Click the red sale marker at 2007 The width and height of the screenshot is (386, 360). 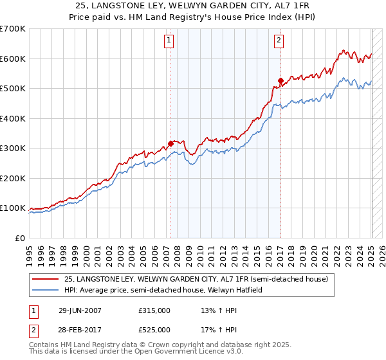tap(170, 144)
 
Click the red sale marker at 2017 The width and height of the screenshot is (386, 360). tap(280, 81)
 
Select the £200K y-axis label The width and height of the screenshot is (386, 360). tap(13, 178)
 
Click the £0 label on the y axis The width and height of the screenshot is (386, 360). tap(21, 238)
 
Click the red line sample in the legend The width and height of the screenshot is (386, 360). tap(46, 279)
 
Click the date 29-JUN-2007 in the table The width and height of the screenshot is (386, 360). tap(78, 310)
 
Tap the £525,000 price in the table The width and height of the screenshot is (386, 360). tap(154, 330)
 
